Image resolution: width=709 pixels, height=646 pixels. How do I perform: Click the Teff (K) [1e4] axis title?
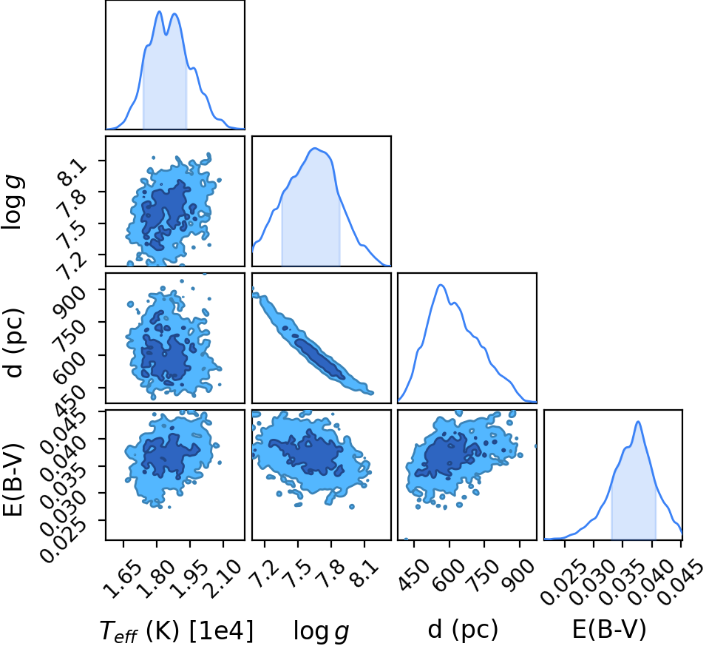point(176,630)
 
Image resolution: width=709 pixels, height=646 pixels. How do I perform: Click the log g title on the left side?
point(13,201)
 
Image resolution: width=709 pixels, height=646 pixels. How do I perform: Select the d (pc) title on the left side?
point(13,343)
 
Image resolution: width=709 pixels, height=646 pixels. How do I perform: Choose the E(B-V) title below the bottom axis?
point(608,629)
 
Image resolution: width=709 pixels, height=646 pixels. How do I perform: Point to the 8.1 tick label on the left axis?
point(70,171)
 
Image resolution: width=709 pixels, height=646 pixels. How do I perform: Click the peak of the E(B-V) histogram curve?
point(638,422)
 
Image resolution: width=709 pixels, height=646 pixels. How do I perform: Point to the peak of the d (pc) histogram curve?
point(441,285)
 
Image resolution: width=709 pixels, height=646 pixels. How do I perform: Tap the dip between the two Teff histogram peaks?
point(167,34)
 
